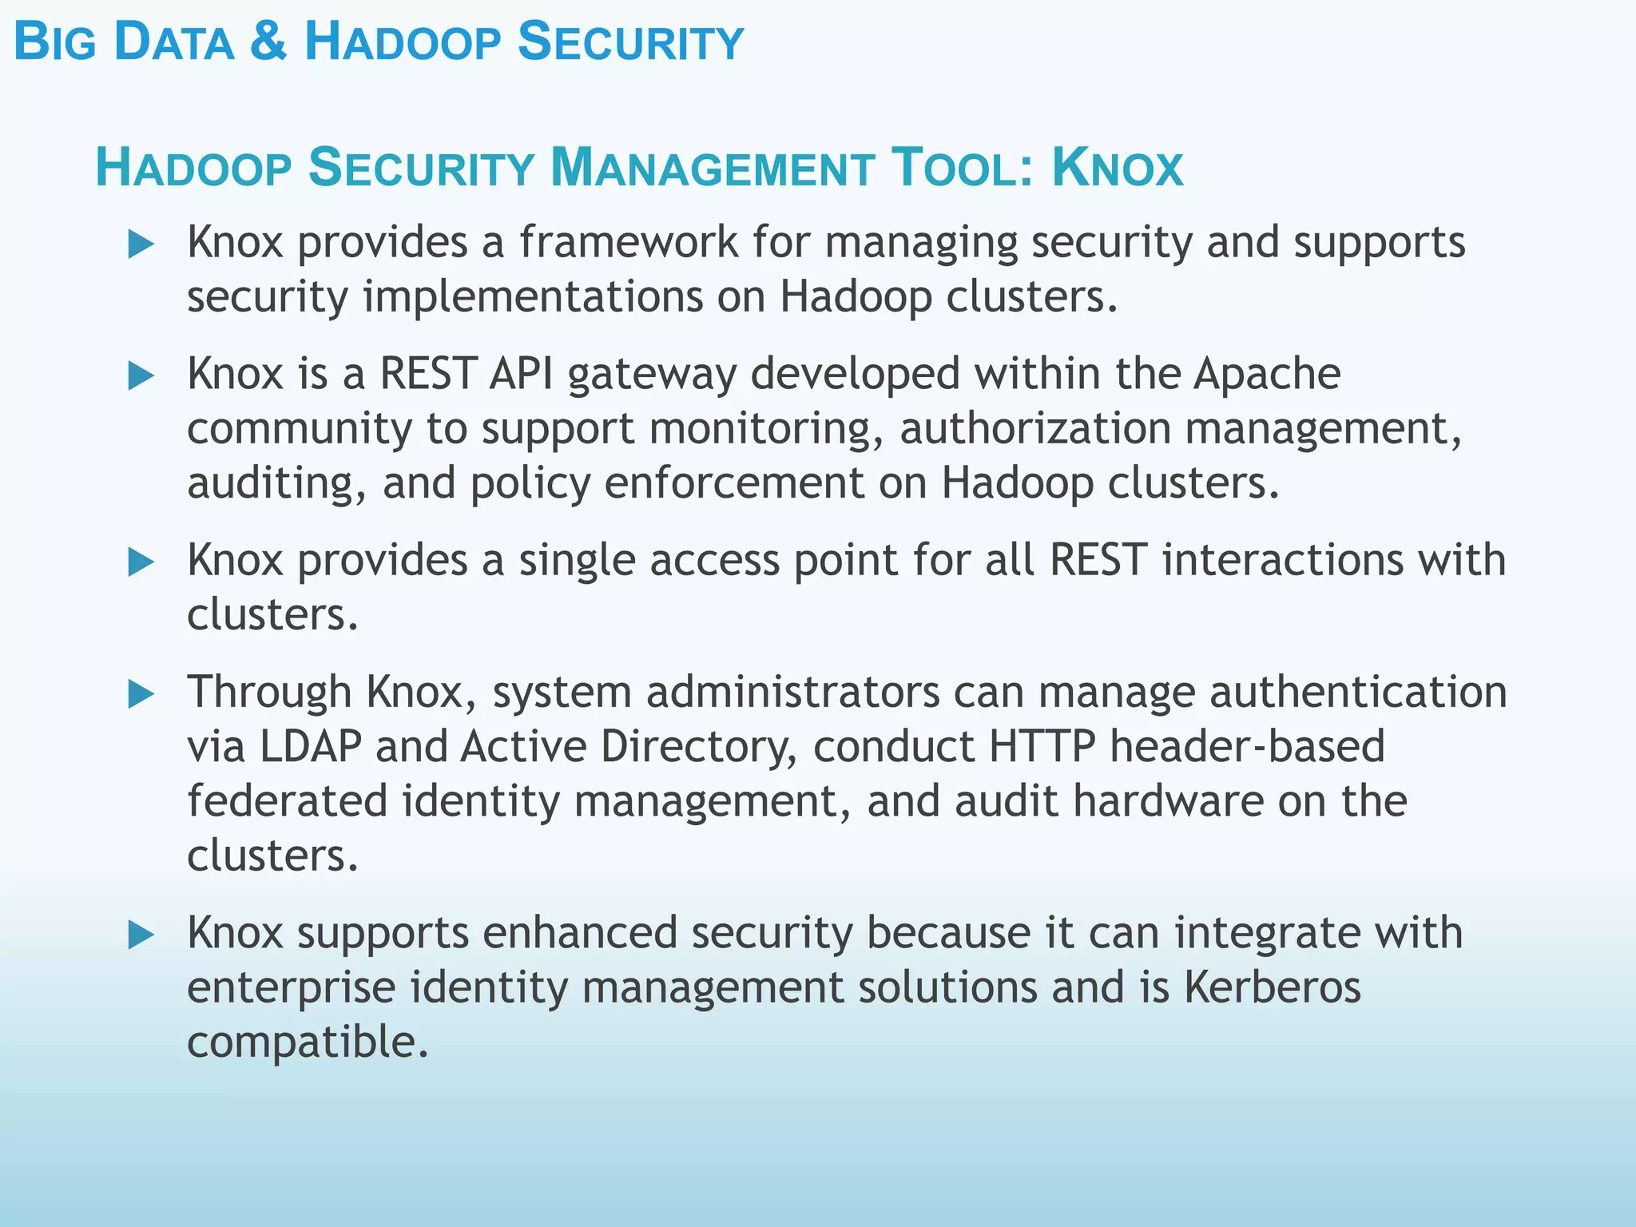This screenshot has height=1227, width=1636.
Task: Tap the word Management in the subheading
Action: (x=712, y=168)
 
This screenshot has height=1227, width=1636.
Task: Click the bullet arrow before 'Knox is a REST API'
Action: (x=141, y=375)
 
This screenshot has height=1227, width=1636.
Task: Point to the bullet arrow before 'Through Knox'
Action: (x=141, y=693)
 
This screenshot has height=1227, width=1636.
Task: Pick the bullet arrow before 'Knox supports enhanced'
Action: (x=141, y=934)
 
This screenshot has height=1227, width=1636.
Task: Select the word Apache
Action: (x=1266, y=374)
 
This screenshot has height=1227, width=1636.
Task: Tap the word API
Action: (x=521, y=374)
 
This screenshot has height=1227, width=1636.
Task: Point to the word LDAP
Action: (x=310, y=746)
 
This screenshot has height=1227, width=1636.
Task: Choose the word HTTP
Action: (x=1042, y=746)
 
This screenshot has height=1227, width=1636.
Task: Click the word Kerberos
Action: (x=1272, y=987)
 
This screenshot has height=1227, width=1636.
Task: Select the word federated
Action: (x=287, y=801)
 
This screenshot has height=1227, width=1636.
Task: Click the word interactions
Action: (x=1282, y=560)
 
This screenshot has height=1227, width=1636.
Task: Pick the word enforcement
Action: (x=733, y=484)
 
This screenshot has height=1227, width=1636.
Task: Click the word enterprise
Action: (x=291, y=987)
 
